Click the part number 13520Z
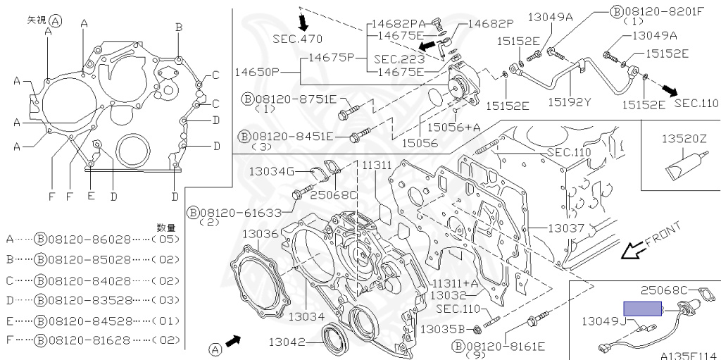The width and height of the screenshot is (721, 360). coord(684,139)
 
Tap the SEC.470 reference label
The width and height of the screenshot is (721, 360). coord(298,39)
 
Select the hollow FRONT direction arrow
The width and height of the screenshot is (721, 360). coord(632,252)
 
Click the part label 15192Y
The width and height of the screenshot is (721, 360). coord(568,101)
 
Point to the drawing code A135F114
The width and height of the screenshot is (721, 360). coord(690,355)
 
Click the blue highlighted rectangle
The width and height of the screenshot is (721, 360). coord(642,309)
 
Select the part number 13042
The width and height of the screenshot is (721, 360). coord(287,342)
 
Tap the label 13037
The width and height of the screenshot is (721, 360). coord(566,228)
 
